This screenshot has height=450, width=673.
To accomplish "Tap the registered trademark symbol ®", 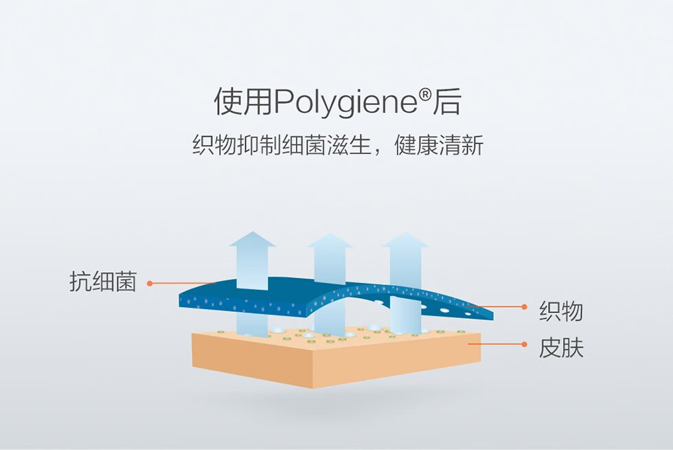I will tap(425, 96).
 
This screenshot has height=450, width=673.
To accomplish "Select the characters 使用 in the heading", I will tap(243, 102).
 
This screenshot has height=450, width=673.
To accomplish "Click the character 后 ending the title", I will tap(447, 102).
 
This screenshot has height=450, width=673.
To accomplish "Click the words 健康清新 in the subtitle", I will tap(439, 146).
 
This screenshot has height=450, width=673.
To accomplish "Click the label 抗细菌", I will tap(103, 282).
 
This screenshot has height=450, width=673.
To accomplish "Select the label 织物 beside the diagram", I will tap(560, 311).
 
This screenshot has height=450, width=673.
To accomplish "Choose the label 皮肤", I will tap(560, 348).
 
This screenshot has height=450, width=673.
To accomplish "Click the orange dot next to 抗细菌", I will tap(150, 282).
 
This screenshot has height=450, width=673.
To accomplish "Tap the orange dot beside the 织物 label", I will tap(524, 306).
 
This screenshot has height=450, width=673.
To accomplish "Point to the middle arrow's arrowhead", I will tap(329, 241).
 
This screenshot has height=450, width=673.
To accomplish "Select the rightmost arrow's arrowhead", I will tap(404, 240).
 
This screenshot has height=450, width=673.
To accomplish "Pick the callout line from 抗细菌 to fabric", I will tap(182, 282).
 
